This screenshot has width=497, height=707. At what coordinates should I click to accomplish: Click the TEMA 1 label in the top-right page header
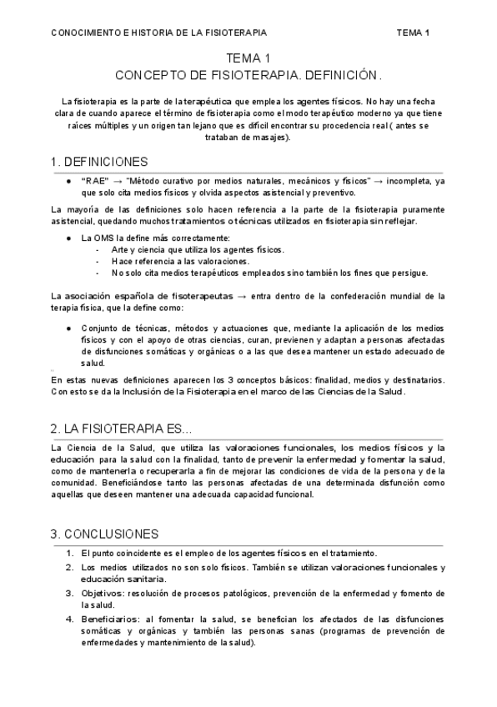click(413, 33)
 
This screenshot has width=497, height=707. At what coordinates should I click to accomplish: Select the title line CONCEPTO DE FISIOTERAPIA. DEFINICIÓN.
click(248, 75)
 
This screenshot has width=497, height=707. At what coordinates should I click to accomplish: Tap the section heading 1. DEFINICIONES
click(99, 162)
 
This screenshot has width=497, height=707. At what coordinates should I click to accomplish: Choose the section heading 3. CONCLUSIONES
click(104, 534)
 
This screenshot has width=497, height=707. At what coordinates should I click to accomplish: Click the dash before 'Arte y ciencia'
click(99, 249)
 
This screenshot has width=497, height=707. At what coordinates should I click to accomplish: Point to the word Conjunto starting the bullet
click(100, 328)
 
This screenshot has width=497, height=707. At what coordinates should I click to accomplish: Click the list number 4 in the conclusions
click(69, 619)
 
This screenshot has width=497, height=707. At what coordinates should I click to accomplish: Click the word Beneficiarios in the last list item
click(108, 619)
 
